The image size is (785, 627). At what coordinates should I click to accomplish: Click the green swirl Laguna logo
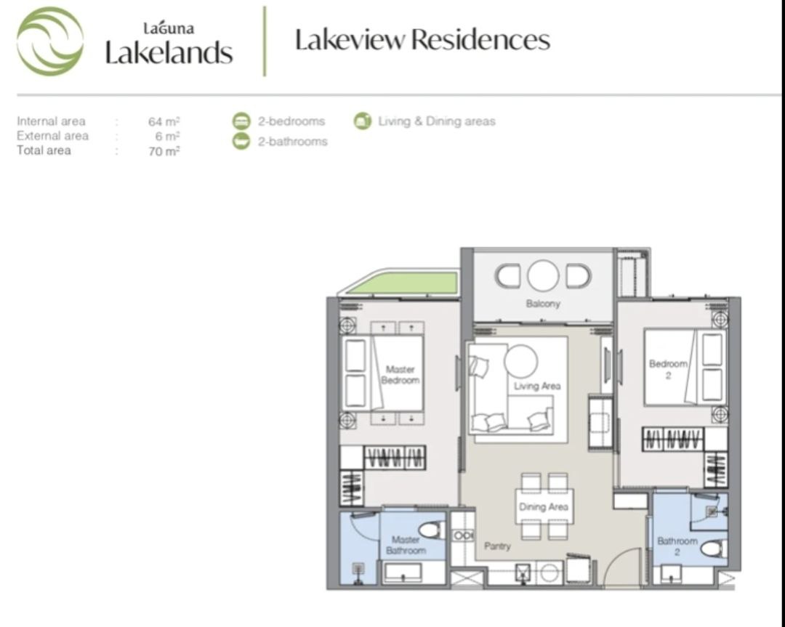tap(50, 41)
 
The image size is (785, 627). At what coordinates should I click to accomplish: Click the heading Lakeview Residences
tap(422, 39)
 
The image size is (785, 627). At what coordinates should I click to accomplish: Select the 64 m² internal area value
tap(164, 121)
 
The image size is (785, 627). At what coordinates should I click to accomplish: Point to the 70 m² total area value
tap(164, 151)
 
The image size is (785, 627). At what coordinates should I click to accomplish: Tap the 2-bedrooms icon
tap(241, 121)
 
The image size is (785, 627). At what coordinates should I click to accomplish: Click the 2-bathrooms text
tap(292, 142)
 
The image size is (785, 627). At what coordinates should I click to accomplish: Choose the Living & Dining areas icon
tap(363, 121)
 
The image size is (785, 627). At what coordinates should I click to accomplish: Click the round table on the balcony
tap(543, 275)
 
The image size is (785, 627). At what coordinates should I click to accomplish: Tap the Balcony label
tap(543, 304)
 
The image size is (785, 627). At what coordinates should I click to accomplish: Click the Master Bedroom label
tap(400, 375)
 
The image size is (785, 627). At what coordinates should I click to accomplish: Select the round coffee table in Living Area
tap(520, 361)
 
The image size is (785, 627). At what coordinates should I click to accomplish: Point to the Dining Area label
tap(543, 507)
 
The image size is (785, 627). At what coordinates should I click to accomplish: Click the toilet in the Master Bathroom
tap(430, 530)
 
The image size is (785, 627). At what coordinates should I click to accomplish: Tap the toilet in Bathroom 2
tap(713, 549)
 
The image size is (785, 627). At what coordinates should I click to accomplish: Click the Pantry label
tap(497, 546)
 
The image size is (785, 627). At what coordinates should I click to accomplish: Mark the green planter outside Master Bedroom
tap(403, 283)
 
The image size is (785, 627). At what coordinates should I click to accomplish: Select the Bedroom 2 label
tap(668, 369)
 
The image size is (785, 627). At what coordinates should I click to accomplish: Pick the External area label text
tap(52, 136)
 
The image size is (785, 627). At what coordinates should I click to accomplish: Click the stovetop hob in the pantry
tap(463, 536)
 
